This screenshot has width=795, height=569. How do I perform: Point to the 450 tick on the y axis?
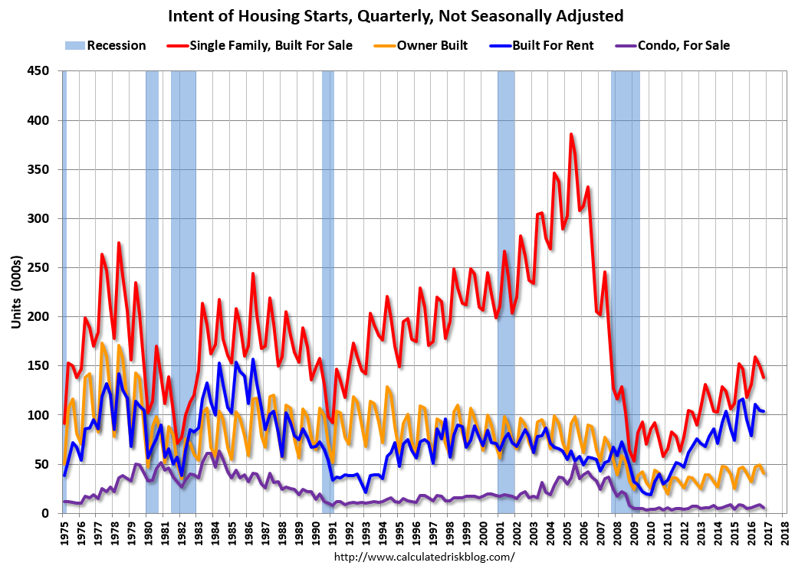click(38, 71)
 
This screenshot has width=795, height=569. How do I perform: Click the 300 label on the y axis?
click(38, 218)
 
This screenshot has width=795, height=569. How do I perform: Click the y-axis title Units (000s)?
click(16, 292)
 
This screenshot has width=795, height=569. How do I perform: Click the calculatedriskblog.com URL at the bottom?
click(425, 558)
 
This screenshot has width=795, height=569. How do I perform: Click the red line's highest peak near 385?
click(571, 135)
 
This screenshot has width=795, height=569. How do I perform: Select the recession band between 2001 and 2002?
click(506, 291)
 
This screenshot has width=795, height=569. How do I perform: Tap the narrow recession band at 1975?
click(64, 291)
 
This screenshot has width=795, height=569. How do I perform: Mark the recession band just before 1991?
click(328, 291)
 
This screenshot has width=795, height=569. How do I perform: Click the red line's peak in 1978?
click(119, 243)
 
